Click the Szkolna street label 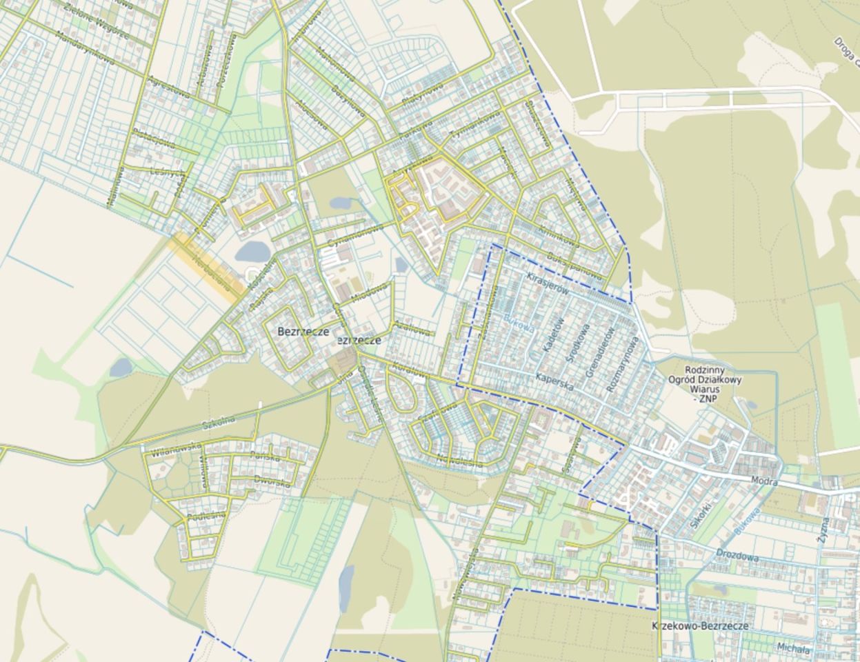[x=219, y=420]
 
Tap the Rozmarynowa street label [x=623, y=364]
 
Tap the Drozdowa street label [x=737, y=555]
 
